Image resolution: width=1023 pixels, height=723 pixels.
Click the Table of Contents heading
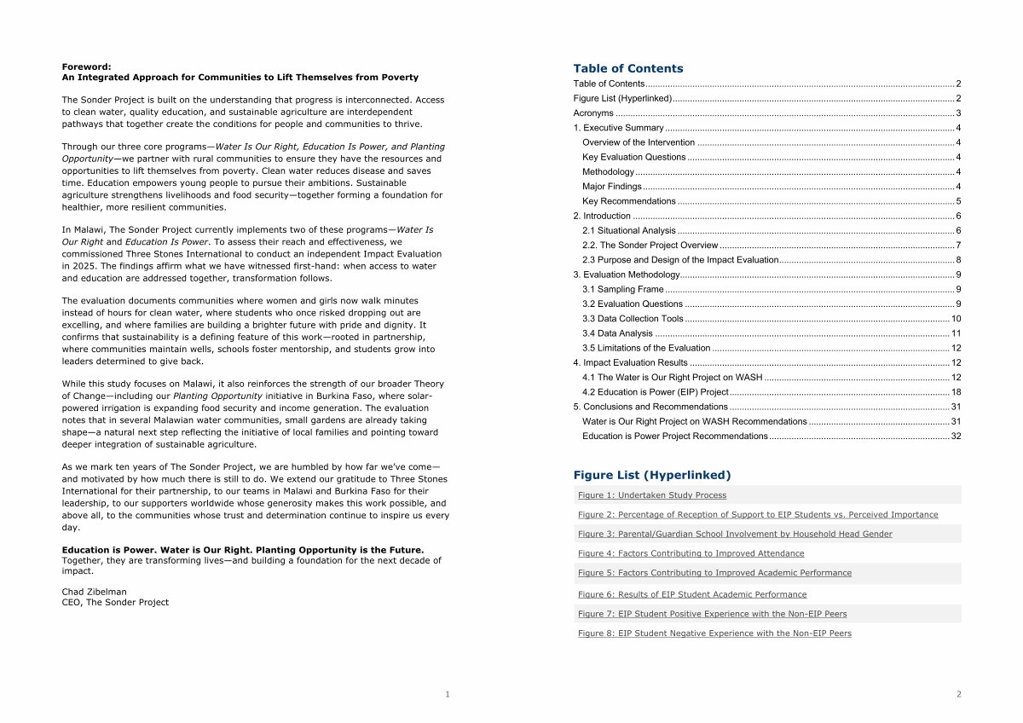pyautogui.click(x=627, y=68)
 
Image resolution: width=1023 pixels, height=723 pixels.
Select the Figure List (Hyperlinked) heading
pyautogui.click(x=651, y=475)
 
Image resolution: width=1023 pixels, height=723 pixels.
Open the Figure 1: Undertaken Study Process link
pyautogui.click(x=652, y=495)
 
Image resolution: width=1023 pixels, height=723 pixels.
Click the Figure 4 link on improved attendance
pyautogui.click(x=691, y=553)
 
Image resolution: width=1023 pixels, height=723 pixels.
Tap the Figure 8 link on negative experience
pyautogui.click(x=714, y=633)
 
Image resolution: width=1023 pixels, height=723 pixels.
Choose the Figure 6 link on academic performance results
pyautogui.click(x=691, y=594)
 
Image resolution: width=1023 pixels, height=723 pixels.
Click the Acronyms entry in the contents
pyautogui.click(x=593, y=113)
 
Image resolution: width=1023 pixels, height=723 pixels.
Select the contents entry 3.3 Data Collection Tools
pyautogui.click(x=633, y=319)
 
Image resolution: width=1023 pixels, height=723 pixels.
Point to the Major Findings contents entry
pyautogui.click(x=612, y=187)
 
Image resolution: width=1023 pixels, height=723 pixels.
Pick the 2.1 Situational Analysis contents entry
pyautogui.click(x=629, y=230)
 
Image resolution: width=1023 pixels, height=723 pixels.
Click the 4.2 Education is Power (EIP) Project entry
pyautogui.click(x=655, y=392)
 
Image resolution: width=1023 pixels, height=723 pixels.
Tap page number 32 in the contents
pyautogui.click(x=956, y=437)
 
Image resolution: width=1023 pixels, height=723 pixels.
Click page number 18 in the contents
pyautogui.click(x=956, y=392)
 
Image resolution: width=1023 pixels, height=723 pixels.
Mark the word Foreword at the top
pyautogui.click(x=86, y=67)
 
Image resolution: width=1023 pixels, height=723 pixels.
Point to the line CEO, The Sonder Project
pyautogui.click(x=115, y=602)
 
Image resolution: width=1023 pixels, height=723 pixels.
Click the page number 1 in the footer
pyautogui.click(x=447, y=694)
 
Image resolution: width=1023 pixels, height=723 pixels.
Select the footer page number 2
pyautogui.click(x=958, y=694)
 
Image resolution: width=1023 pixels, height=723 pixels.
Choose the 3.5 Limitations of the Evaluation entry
pyautogui.click(x=646, y=348)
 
